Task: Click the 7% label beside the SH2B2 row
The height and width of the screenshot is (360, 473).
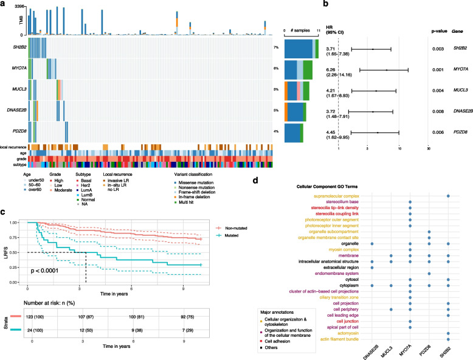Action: (x=276, y=47)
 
